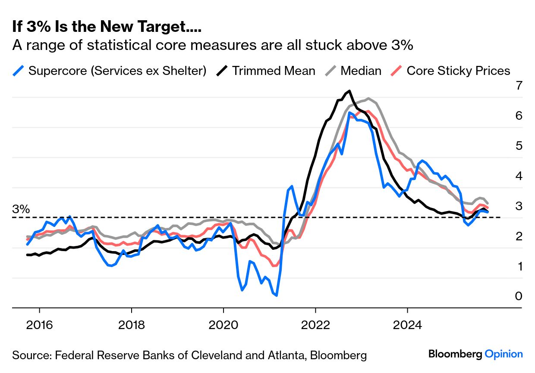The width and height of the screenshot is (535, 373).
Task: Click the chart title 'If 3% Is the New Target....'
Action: coord(107,27)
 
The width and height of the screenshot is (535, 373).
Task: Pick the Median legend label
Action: coord(361,71)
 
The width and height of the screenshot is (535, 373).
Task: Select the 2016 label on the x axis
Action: coord(39,324)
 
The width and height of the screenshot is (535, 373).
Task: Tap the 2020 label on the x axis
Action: coord(223,324)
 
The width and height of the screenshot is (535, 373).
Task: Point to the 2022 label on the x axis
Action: coord(315,324)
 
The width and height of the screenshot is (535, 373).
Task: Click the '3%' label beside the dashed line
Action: coord(21,209)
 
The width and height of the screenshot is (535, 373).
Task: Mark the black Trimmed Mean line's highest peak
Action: coord(349,91)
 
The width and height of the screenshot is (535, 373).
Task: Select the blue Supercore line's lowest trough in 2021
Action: coord(276,295)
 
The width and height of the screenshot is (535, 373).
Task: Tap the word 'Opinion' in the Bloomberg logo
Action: coord(504,354)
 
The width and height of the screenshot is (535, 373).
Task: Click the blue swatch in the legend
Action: coord(19,71)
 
